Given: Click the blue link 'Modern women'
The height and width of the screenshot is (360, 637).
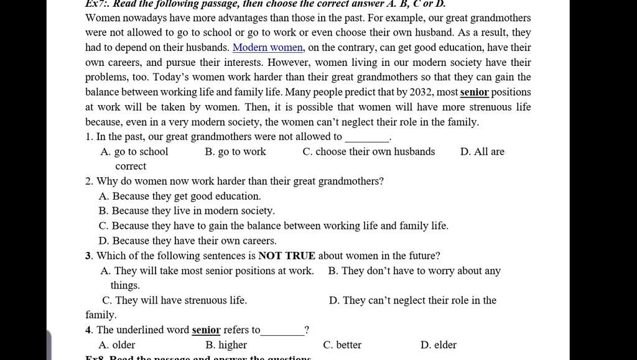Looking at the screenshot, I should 267,47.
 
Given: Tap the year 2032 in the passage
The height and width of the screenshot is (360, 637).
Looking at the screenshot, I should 421,92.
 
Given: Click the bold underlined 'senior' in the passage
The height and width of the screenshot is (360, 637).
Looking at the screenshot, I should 475,92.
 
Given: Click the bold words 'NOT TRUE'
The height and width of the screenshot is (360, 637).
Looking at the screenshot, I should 287,256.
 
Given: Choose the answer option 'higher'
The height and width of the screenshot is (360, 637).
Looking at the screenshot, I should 226,346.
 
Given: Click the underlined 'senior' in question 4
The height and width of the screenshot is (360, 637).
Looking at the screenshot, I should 206,330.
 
